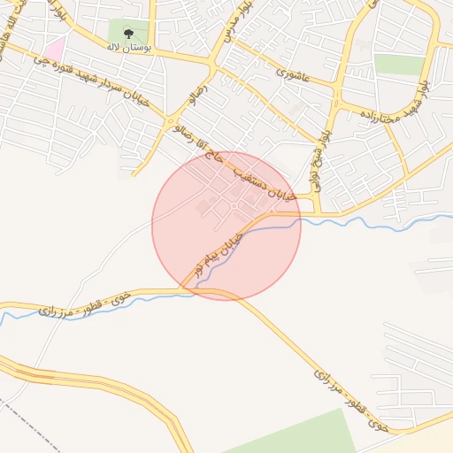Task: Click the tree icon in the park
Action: [129, 34]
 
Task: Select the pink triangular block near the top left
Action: [55, 48]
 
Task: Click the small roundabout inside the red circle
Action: [234, 205]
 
